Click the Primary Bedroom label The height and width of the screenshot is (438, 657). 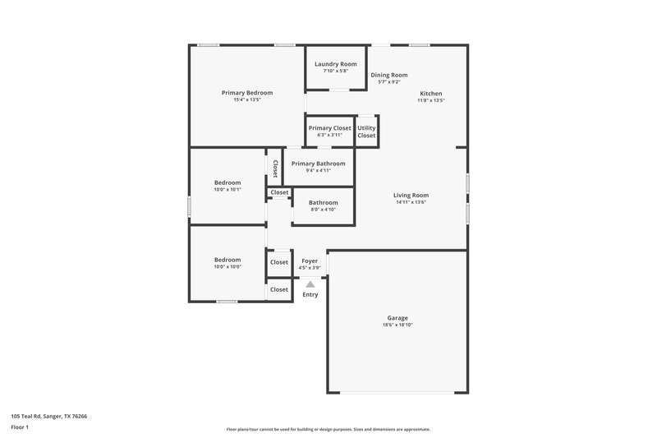point(246,93)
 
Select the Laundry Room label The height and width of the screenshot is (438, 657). point(336,64)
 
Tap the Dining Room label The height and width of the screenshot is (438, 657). point(388,75)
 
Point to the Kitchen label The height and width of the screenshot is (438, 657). point(431,94)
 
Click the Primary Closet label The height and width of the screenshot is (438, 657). point(329,128)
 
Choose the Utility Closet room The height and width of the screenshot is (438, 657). point(366,131)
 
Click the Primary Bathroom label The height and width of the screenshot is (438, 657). point(318,164)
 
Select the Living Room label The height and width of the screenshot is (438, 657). point(411,195)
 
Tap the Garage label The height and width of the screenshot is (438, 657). point(397,318)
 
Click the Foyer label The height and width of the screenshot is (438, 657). point(310,260)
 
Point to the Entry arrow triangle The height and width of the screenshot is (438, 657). point(310,284)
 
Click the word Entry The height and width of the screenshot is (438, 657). point(310,294)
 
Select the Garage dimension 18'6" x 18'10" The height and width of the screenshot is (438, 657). point(397,325)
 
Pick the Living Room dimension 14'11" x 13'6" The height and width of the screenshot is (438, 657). point(411,201)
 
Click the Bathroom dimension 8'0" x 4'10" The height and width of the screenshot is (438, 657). point(323,209)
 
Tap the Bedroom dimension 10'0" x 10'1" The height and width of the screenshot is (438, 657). point(227,189)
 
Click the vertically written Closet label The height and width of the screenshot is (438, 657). point(275,168)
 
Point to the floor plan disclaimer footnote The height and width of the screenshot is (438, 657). point(328,429)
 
